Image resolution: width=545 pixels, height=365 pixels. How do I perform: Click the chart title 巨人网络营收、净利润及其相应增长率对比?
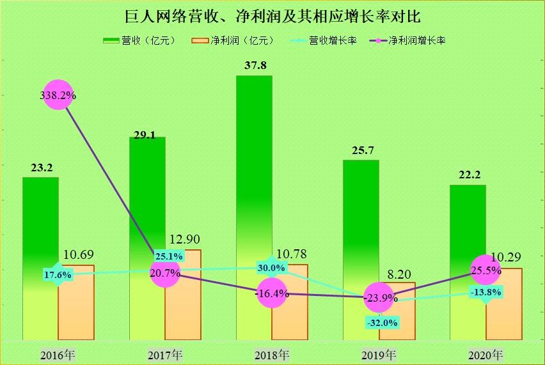tap(272, 15)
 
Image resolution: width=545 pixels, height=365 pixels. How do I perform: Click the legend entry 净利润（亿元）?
tap(233, 40)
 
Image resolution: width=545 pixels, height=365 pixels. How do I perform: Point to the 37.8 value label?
tap(255, 66)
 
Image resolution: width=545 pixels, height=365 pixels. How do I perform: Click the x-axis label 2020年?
tap(486, 354)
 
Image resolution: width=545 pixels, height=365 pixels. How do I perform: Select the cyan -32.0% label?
tap(383, 323)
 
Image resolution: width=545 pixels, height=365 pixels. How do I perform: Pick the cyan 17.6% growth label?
tap(58, 275)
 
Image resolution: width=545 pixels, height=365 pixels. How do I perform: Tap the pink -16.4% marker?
tap(272, 294)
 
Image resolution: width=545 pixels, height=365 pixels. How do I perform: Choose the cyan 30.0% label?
tap(271, 267)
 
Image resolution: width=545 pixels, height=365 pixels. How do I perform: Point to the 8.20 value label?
tap(399, 274)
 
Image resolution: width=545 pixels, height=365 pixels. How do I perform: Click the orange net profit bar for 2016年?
tap(76, 304)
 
